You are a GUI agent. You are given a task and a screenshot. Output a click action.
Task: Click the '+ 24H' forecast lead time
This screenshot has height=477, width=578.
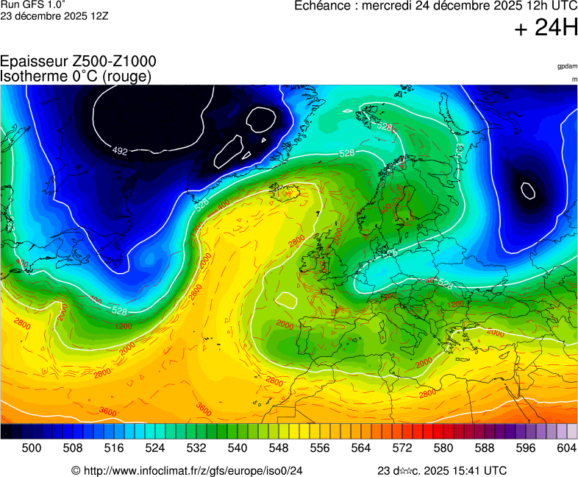[546, 29]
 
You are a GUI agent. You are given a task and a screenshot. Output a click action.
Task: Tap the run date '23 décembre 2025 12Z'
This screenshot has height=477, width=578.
[54, 15]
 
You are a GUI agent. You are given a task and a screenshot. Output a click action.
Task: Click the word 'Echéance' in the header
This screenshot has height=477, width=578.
[323, 6]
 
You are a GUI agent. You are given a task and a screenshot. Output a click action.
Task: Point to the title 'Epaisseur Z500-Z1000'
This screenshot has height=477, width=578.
[78, 62]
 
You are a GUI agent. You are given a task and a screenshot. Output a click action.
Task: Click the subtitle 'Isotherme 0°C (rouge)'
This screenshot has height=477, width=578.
[76, 76]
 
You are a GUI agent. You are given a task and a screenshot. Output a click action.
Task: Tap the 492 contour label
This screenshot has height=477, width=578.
[119, 152]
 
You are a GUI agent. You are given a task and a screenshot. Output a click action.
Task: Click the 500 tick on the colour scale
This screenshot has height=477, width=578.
[32, 448]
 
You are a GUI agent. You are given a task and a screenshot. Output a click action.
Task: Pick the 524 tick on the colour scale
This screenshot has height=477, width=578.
[155, 448]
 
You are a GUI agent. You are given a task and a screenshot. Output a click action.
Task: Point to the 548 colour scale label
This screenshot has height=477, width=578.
[279, 448]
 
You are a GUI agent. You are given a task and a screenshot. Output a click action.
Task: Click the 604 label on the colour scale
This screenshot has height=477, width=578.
[567, 448]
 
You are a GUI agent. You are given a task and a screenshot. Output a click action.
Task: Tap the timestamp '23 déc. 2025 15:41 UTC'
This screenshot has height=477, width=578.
[441, 470]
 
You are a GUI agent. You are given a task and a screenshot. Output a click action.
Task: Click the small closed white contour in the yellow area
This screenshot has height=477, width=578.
[286, 300]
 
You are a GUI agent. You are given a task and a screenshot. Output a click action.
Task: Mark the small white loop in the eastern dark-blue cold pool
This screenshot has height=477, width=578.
[528, 191]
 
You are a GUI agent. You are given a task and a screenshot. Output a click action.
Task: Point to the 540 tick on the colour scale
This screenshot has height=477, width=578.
[238, 448]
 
